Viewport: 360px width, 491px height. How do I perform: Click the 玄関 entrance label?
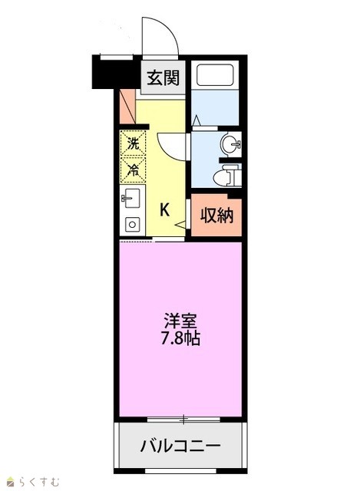pos(163,78)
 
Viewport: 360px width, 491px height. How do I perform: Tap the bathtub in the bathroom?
pos(215,75)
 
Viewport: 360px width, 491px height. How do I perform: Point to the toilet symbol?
pos(227,176)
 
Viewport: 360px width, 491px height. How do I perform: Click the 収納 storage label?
pos(217,216)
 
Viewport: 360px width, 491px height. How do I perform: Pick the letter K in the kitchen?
pos(165,209)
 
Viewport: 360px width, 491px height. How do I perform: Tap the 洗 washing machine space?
pos(133,143)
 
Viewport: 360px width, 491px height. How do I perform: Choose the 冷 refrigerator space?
pos(133,170)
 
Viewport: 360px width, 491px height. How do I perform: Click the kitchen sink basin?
pos(132,198)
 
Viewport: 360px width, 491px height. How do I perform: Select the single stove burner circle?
pos(132,225)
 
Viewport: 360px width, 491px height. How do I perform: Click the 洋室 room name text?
pos(180,321)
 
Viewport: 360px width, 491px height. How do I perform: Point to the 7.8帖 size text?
pos(180,338)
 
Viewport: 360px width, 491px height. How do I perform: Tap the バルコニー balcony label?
pos(180,445)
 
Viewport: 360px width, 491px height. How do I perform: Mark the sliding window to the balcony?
pos(183,420)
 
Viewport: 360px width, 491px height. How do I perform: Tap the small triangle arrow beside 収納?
pos(181,224)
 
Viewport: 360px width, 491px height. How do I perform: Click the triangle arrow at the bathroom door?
pos(197,120)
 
